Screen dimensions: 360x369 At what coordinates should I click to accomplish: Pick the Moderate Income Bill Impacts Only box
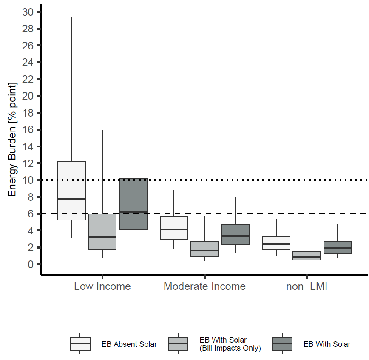coord(204,249)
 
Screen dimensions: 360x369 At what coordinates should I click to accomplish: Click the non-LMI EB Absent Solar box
coord(276,243)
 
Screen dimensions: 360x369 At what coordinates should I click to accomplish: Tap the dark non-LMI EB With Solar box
coord(337,247)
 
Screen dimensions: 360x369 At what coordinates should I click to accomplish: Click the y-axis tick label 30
coord(28,12)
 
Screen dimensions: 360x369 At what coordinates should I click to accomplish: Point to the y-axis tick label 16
coord(28,130)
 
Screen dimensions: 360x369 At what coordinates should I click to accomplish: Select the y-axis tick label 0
coord(31,264)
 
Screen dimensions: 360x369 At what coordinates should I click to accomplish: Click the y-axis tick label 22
coord(28,79)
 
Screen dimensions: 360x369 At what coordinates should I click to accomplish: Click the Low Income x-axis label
coord(102,286)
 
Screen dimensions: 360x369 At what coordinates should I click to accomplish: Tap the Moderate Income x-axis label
coord(204,286)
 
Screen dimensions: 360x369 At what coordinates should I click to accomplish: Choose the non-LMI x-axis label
coord(307,286)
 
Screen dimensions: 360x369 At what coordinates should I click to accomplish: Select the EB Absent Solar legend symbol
coord(80,344)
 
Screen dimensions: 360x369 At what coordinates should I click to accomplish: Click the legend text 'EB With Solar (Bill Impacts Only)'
coord(230,344)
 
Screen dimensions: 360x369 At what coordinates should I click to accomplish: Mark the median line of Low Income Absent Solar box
coord(71,199)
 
